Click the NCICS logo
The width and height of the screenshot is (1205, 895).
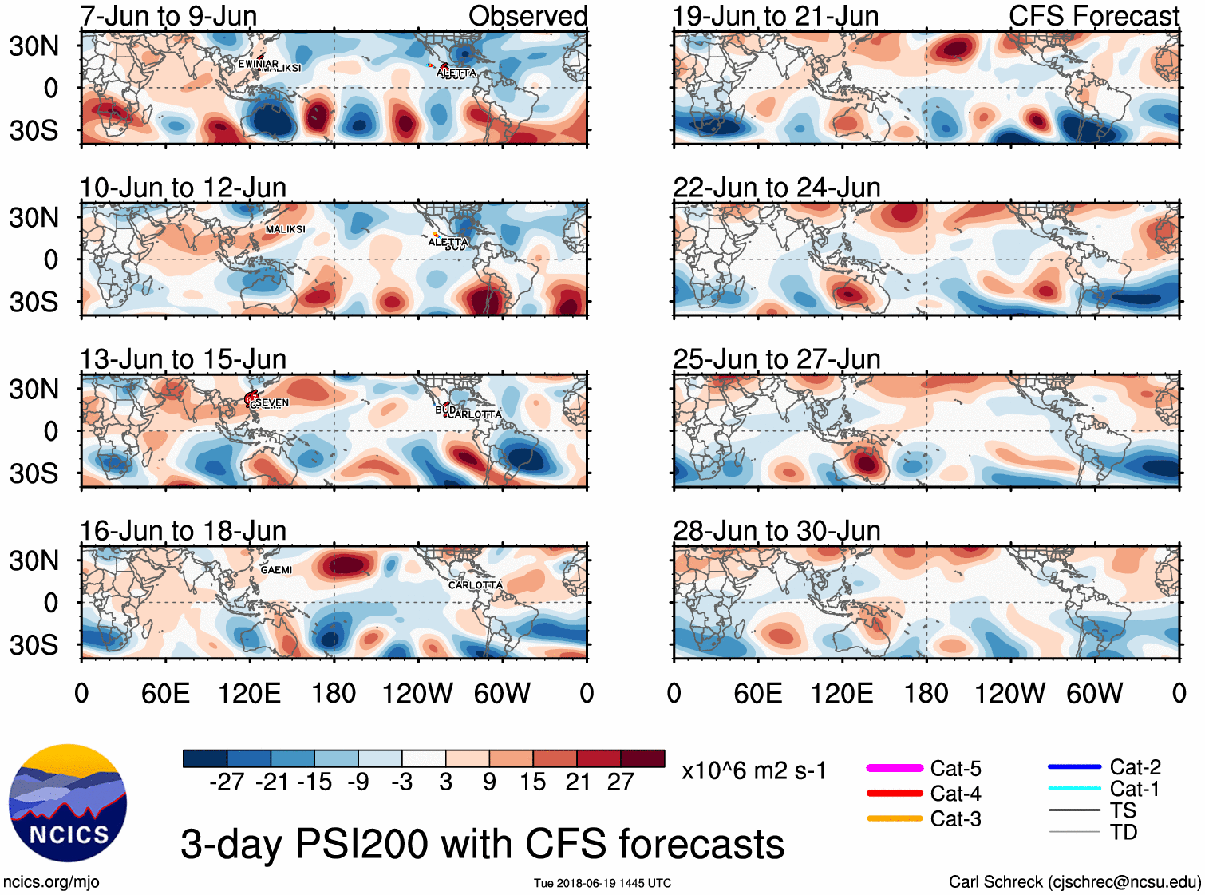click(68, 802)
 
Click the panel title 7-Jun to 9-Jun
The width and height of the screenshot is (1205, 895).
click(168, 16)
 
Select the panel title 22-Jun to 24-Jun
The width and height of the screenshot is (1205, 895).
click(776, 188)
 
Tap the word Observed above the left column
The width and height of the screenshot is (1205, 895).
click(527, 16)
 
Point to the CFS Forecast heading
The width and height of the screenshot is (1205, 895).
click(1093, 16)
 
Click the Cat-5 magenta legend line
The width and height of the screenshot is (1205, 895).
click(895, 768)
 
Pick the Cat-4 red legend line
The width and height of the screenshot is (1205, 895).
click(895, 794)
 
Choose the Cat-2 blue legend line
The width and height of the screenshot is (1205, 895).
click(1074, 767)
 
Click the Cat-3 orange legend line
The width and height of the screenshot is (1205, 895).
click(895, 818)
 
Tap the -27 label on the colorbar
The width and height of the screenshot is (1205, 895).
click(227, 782)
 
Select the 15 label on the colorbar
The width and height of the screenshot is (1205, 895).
click(532, 782)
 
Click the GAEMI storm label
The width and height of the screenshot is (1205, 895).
click(276, 570)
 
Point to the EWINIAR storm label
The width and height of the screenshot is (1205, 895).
click(258, 64)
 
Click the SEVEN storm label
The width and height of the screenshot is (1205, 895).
click(274, 402)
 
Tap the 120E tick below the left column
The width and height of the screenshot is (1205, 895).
click(249, 693)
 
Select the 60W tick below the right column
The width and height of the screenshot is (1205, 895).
click(1094, 693)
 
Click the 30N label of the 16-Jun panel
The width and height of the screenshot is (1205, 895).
click(34, 560)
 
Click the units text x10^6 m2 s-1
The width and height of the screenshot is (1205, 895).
click(753, 771)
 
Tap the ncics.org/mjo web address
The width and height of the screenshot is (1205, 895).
click(51, 881)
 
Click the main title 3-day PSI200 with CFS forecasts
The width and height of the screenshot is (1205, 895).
click(482, 844)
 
